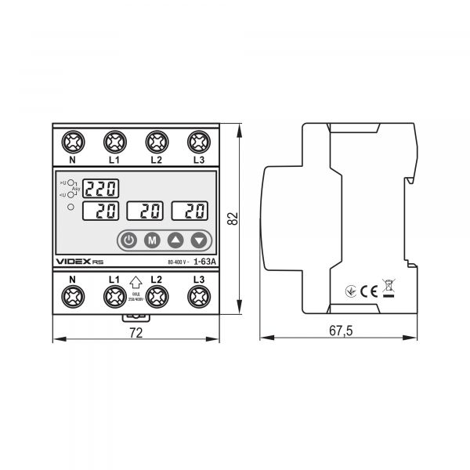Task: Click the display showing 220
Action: click(102, 188)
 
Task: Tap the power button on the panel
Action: click(129, 240)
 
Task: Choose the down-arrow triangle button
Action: click(201, 240)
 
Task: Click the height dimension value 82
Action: click(233, 219)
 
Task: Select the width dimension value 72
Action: click(135, 332)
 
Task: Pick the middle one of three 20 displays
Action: click(146, 210)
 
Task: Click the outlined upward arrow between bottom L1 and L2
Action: click(136, 283)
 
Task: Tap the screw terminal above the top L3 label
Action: click(198, 143)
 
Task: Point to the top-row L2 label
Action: click(156, 160)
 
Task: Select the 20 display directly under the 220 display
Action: click(102, 210)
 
